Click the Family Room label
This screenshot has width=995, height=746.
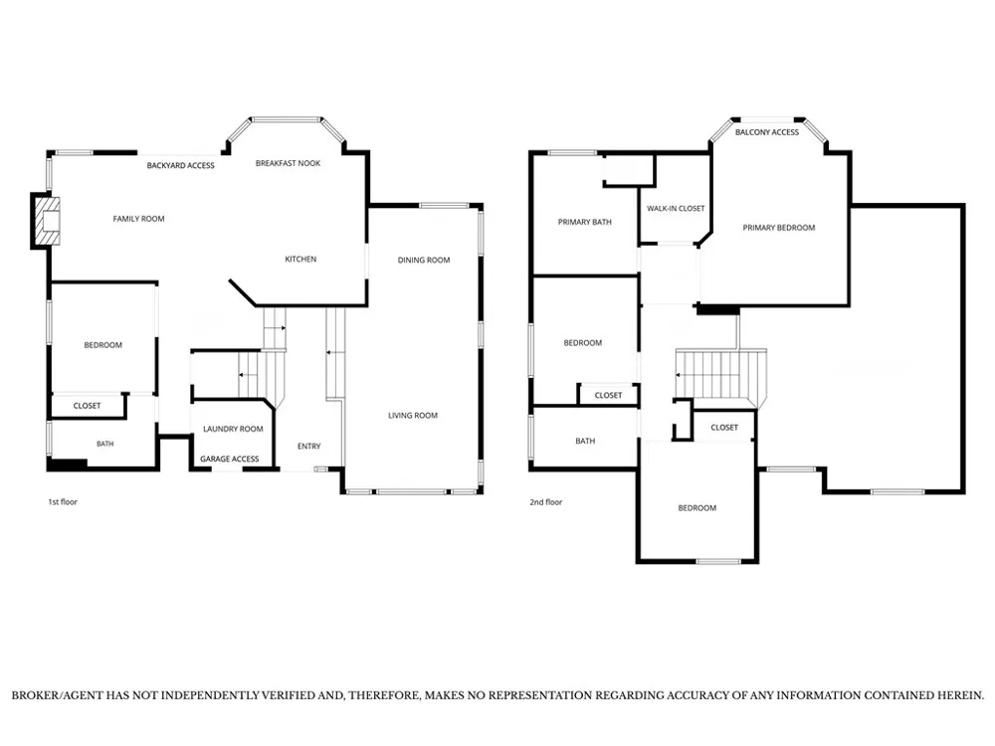tap(138, 219)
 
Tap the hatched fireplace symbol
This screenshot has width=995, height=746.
tap(48, 222)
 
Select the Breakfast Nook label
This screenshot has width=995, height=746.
tap(289, 163)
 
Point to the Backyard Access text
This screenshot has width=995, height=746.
tap(181, 165)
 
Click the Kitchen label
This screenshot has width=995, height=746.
tap(300, 259)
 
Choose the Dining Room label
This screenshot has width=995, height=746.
tap(424, 260)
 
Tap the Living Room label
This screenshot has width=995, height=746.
tap(413, 416)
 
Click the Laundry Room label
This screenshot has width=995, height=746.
tap(233, 429)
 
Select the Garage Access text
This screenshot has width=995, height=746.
tap(230, 459)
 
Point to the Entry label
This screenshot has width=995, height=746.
tap(309, 446)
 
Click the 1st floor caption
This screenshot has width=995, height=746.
tap(63, 501)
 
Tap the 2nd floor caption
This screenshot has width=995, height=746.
tap(546, 501)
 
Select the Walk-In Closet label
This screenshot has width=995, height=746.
tap(676, 208)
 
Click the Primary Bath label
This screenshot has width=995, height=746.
tap(585, 222)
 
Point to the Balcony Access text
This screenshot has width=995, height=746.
tap(767, 132)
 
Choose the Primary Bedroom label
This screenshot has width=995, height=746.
tap(779, 228)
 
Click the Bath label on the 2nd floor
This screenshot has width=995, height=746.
tap(585, 441)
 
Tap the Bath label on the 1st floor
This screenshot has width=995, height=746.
tap(105, 444)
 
